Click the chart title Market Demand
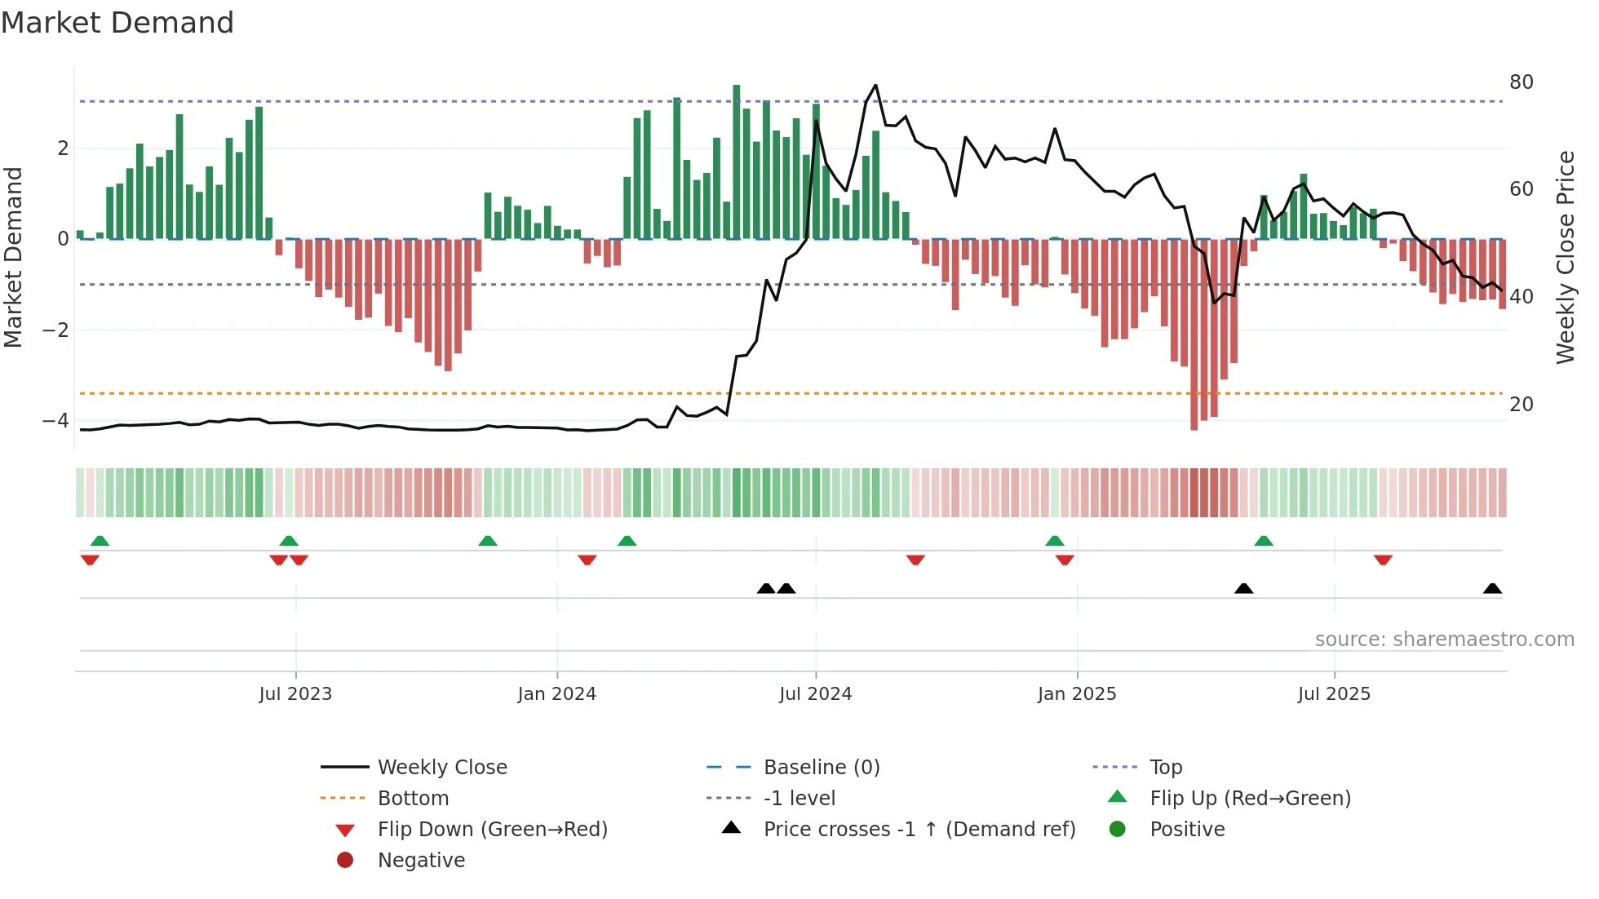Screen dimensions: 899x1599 [x=117, y=23]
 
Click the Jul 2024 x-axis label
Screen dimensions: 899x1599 [x=815, y=694]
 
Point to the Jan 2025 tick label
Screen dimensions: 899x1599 [x=1077, y=694]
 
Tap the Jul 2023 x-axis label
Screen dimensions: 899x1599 [x=295, y=694]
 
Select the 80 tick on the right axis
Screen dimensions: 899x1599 [x=1521, y=82]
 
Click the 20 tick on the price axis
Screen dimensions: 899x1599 [x=1521, y=405]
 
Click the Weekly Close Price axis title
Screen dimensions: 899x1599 [x=1565, y=257]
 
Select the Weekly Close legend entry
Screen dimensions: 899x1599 [x=441, y=768]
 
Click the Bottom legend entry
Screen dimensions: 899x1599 [x=413, y=799]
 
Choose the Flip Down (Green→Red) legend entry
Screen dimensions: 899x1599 [x=492, y=830]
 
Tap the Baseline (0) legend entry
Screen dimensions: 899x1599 [x=821, y=768]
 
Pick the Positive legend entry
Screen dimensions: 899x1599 [x=1187, y=830]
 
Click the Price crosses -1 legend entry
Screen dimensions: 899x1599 [x=919, y=830]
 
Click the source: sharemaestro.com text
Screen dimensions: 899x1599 [x=1444, y=640]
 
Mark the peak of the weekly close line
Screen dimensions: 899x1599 [x=875, y=86]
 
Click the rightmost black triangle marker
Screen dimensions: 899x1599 [x=1492, y=589]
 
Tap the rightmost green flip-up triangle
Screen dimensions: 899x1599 [x=1263, y=541]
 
